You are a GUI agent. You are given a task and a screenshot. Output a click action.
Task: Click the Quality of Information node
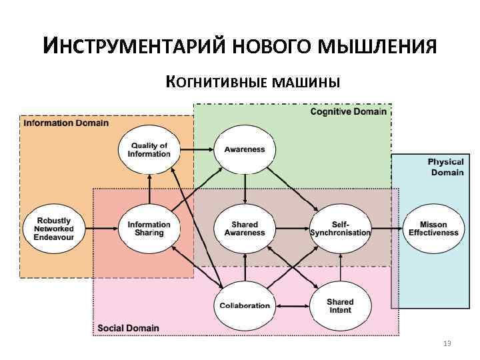(x=149, y=150)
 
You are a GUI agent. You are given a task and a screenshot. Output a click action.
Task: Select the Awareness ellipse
(x=245, y=150)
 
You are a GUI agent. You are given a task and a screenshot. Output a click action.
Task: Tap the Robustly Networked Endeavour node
(x=53, y=229)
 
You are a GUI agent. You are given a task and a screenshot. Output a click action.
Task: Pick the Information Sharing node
(x=149, y=229)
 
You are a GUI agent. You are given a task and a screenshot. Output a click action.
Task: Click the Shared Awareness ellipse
(x=245, y=229)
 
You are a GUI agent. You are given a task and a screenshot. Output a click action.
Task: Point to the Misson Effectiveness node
(x=433, y=229)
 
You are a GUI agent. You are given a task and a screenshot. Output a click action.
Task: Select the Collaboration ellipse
(x=245, y=306)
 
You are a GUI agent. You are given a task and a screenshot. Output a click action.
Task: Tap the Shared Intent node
(x=339, y=306)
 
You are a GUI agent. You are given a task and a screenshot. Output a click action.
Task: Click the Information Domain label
(x=66, y=123)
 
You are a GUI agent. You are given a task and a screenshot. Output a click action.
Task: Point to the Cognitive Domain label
(x=348, y=111)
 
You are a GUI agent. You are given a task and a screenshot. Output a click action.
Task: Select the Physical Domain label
(x=446, y=167)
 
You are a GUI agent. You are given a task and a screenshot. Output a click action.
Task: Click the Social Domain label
(x=129, y=327)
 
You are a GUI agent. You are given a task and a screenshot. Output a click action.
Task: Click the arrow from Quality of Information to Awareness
(x=196, y=150)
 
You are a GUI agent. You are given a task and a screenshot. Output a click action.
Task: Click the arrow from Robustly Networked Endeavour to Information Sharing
(x=101, y=229)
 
